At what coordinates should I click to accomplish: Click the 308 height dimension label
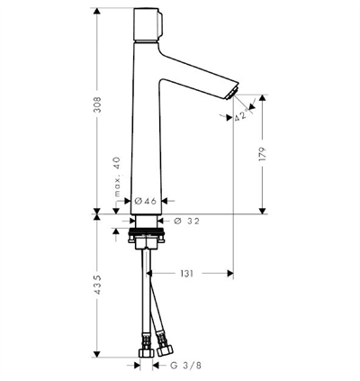(x=97, y=104)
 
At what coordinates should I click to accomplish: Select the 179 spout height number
(x=262, y=154)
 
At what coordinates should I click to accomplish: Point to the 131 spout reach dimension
(x=186, y=274)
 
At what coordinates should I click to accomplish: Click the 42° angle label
(x=242, y=115)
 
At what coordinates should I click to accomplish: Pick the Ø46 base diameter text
(x=146, y=201)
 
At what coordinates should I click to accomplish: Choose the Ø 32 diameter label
(x=186, y=222)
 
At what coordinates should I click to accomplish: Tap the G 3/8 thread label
(x=186, y=366)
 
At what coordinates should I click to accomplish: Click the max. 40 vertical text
(x=117, y=177)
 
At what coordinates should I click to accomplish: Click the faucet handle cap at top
(x=148, y=25)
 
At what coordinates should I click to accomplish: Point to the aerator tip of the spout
(x=231, y=93)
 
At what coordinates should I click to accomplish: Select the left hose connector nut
(x=147, y=353)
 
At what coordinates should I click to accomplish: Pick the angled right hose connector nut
(x=166, y=350)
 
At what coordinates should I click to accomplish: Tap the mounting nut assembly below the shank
(x=146, y=239)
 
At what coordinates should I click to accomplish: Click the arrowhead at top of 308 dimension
(x=96, y=11)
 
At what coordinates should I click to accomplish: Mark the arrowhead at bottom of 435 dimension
(x=96, y=354)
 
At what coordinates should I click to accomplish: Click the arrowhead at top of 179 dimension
(x=263, y=98)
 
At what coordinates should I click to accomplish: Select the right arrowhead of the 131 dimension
(x=230, y=273)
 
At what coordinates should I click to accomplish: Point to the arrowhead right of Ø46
(x=166, y=201)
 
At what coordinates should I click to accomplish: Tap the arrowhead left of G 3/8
(x=137, y=366)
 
